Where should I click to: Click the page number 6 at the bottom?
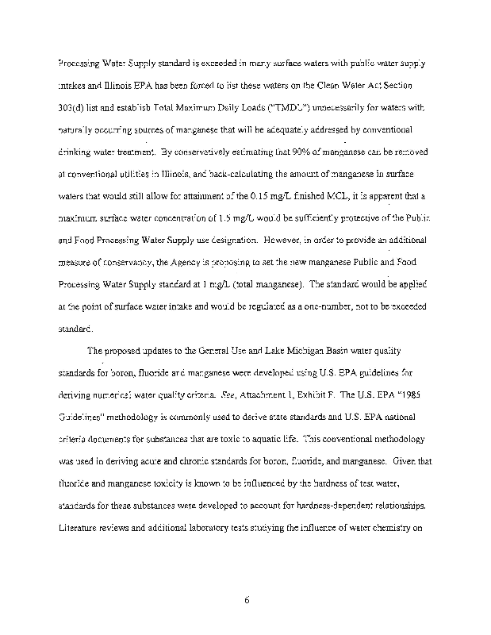coord(247,599)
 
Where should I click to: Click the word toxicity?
coord(168,483)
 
